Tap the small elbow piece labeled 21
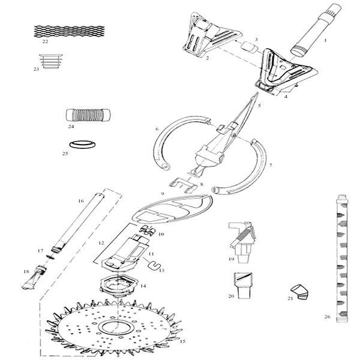coord(299,290)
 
